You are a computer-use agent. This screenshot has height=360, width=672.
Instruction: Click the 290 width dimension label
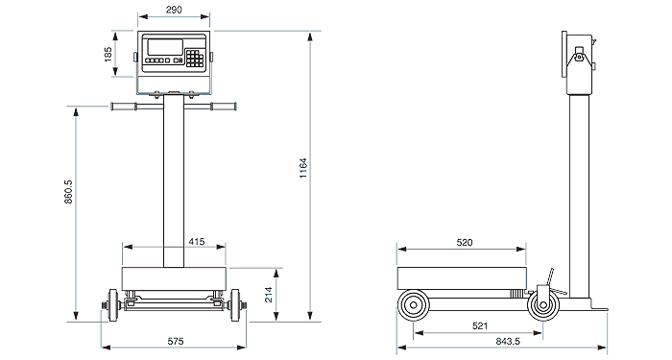tap(174, 10)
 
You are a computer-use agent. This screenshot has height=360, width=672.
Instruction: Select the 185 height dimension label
tap(108, 55)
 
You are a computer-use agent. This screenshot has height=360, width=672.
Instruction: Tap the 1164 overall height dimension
tap(303, 168)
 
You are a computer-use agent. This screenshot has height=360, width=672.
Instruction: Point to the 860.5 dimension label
tap(68, 192)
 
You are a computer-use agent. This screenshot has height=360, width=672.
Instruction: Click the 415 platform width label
tap(197, 242)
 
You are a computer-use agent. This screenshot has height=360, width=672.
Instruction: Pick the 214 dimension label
tap(269, 295)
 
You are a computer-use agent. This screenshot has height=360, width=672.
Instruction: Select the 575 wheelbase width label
tap(176, 341)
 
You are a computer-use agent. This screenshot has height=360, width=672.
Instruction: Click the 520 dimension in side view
tap(464, 243)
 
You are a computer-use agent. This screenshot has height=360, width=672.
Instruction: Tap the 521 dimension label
tap(480, 326)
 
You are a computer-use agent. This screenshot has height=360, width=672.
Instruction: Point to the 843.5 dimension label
tap(508, 341)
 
